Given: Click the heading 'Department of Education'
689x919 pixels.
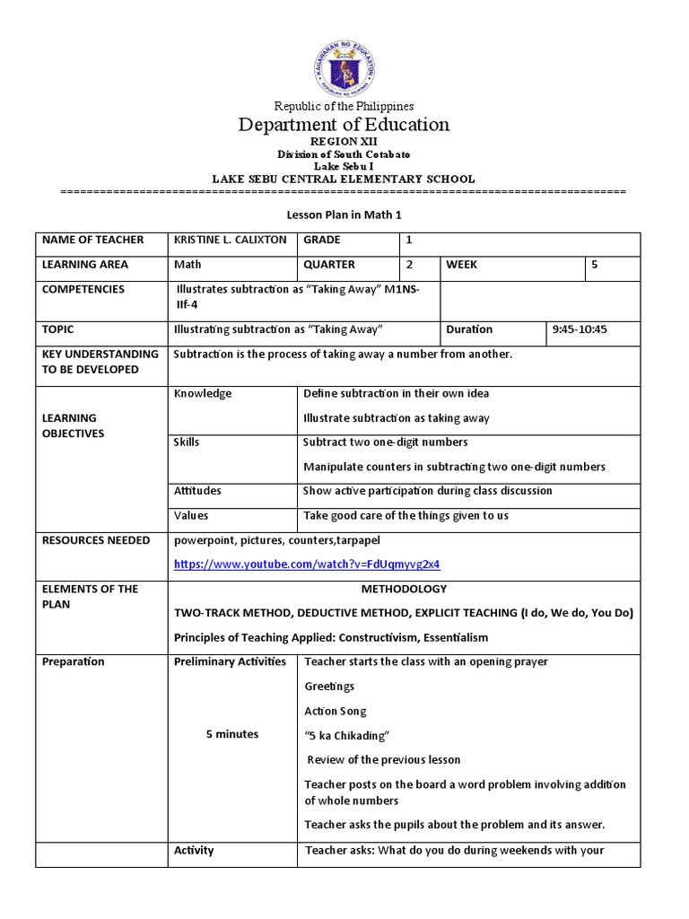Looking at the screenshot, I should click(x=344, y=125).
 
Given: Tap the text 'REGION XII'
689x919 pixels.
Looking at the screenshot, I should click(x=344, y=143).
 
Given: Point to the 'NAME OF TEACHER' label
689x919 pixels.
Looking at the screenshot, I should click(x=92, y=241).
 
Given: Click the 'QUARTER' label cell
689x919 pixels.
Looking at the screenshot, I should click(x=329, y=265).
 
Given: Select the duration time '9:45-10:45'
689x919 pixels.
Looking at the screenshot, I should click(x=580, y=329).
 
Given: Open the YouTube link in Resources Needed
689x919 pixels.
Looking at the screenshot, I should click(x=307, y=565).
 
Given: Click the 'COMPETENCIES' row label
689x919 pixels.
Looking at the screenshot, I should click(x=83, y=290).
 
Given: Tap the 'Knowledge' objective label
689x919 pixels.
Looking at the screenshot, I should click(x=203, y=393).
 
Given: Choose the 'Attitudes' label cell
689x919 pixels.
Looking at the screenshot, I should click(x=198, y=491).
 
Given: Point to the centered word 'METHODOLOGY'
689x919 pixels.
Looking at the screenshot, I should click(x=404, y=589).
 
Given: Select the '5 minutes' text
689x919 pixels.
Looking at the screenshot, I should click(x=231, y=734).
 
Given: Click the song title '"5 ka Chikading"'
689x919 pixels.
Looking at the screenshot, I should click(x=347, y=736).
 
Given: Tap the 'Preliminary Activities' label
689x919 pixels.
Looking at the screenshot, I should click(x=231, y=661).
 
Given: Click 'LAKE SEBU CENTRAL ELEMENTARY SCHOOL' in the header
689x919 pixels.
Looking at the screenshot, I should click(x=344, y=179).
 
